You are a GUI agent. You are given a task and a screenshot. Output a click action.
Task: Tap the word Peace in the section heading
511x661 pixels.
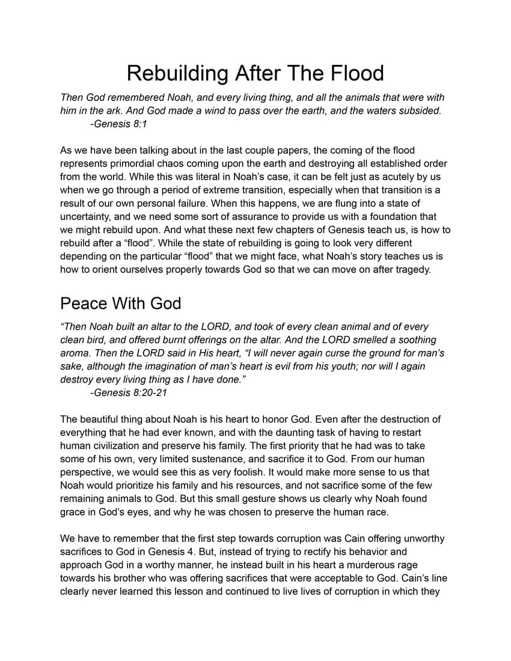point(84,303)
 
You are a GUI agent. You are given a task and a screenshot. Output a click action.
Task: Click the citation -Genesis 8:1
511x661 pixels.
point(118,124)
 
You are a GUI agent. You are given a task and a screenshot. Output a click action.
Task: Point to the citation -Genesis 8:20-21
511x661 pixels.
point(128,392)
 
